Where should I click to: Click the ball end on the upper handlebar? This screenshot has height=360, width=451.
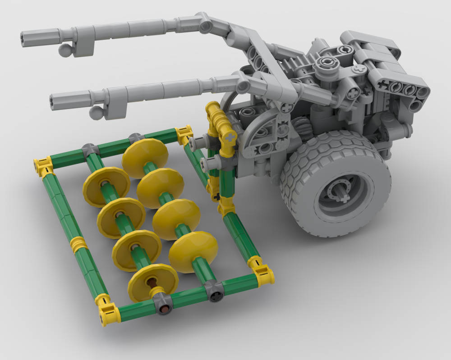pyautogui.click(x=66, y=50)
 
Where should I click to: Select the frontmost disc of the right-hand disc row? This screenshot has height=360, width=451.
pyautogui.click(x=193, y=252)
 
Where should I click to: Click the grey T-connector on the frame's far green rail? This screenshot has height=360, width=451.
pyautogui.click(x=88, y=150)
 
